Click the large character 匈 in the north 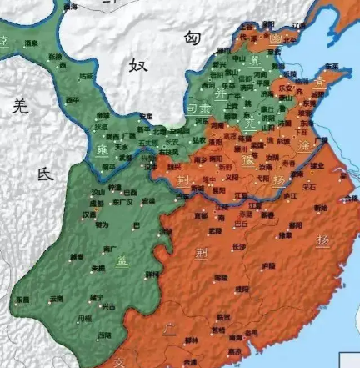tap(193, 38)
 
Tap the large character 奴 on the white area tap(137, 66)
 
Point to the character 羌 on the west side tap(19, 105)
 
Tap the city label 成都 tap(97, 202)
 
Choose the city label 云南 tap(57, 297)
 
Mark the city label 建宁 tap(96, 297)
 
